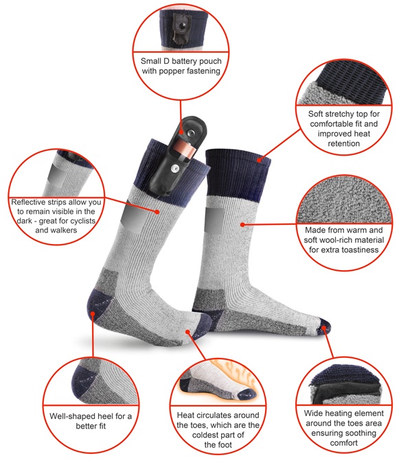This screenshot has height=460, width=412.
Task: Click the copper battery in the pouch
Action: (x=185, y=149)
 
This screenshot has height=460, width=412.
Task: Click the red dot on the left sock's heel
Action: (x=93, y=313)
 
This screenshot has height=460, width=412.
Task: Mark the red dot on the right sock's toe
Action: (x=324, y=328)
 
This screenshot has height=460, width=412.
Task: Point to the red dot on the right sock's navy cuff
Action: (x=259, y=160)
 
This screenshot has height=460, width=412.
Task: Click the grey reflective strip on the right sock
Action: (x=214, y=220)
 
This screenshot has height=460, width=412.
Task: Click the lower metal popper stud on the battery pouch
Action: (x=175, y=169)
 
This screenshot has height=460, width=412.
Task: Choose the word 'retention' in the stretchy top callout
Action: (x=344, y=143)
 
